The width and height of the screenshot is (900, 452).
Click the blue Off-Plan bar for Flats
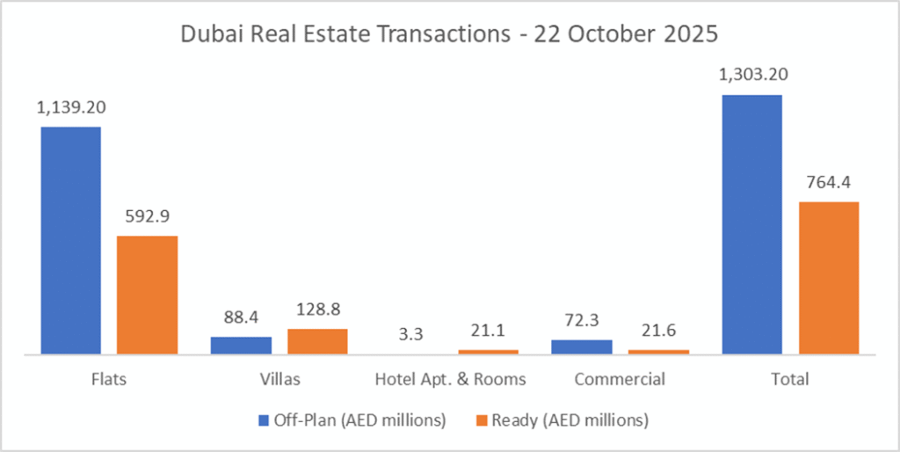(x=70, y=240)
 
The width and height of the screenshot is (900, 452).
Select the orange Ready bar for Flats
(x=148, y=295)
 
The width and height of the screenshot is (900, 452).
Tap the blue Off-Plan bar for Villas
(x=241, y=345)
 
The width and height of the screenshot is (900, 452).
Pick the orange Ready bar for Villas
(x=317, y=341)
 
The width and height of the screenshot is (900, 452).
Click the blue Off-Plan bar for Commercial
(x=582, y=346)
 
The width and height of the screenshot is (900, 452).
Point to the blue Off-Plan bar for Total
(x=751, y=224)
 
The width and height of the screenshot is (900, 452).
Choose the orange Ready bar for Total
(x=829, y=278)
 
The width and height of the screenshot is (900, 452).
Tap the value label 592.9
(x=148, y=216)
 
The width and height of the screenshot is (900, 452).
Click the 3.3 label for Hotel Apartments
(x=411, y=335)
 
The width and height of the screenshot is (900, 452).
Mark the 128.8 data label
(x=318, y=310)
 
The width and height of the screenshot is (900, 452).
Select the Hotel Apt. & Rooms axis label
(x=450, y=380)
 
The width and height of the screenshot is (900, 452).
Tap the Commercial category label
(x=620, y=380)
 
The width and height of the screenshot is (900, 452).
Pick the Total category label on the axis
(x=790, y=380)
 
